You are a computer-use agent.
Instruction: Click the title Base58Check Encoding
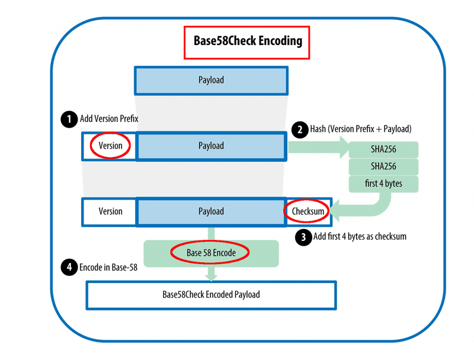pyautogui.click(x=248, y=41)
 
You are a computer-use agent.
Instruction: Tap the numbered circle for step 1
pyautogui.click(x=69, y=119)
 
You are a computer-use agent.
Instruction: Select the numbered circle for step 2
pyautogui.click(x=300, y=129)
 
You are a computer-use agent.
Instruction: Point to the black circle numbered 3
pyautogui.click(x=304, y=237)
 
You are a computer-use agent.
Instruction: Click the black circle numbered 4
pyautogui.click(x=69, y=267)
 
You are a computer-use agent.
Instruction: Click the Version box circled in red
pyautogui.click(x=110, y=146)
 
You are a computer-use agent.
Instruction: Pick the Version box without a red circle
pyautogui.click(x=110, y=211)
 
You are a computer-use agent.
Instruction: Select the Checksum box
pyautogui.click(x=308, y=211)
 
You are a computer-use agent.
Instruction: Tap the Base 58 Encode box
pyautogui.click(x=211, y=253)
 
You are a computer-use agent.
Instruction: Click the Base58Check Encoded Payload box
pyautogui.click(x=211, y=294)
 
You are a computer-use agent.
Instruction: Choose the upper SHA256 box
pyautogui.click(x=383, y=149)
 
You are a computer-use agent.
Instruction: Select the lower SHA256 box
pyautogui.click(x=383, y=166)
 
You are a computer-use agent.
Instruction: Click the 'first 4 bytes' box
pyautogui.click(x=383, y=184)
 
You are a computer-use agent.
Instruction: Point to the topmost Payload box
pyautogui.click(x=211, y=80)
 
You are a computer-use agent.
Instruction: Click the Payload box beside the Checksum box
pyautogui.click(x=211, y=211)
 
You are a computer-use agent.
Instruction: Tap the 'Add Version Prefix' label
pyautogui.click(x=110, y=119)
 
